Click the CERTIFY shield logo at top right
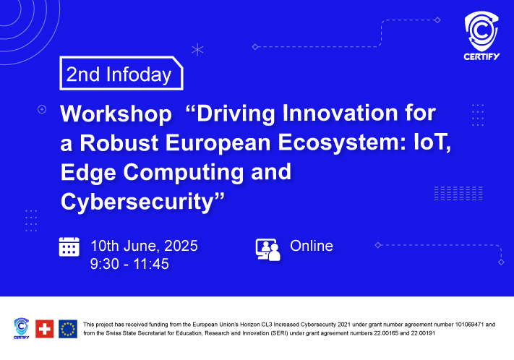click(481, 35)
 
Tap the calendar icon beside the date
click(69, 247)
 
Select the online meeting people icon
click(267, 250)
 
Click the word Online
click(312, 246)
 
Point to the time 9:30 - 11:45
click(129, 264)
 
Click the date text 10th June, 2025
click(145, 246)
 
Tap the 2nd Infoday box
click(121, 73)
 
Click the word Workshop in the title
click(116, 113)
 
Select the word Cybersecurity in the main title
click(137, 202)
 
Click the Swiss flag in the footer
click(45, 328)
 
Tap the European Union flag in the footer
click(68, 328)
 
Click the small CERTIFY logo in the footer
click(21, 328)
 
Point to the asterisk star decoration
click(197, 49)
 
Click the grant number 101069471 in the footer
click(469, 325)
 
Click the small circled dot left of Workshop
click(42, 109)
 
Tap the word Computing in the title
click(184, 173)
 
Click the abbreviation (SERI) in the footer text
click(280, 333)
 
